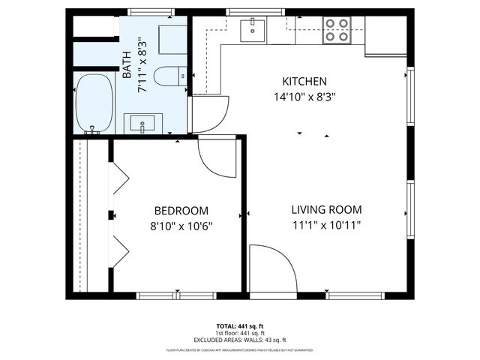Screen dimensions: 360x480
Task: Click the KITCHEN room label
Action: [x=304, y=81]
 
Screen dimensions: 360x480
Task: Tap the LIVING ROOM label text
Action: [x=326, y=210]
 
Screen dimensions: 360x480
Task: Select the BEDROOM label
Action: [x=181, y=211]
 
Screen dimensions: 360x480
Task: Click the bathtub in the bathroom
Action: [x=94, y=103]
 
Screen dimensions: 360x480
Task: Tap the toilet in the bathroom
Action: [x=168, y=75]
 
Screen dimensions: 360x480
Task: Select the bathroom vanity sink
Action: [x=142, y=123]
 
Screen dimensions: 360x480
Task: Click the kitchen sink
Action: [x=253, y=31]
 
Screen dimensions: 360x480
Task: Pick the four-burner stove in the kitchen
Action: [x=336, y=29]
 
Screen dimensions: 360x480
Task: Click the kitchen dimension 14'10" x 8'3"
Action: [x=304, y=96]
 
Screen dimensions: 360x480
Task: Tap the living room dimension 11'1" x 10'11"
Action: [x=326, y=225]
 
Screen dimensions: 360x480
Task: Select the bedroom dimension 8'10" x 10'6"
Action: [x=181, y=226]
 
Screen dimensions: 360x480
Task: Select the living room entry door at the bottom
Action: [x=268, y=266]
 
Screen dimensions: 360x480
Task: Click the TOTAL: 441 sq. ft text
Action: [x=240, y=326]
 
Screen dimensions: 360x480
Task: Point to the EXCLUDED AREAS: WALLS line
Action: [x=240, y=340]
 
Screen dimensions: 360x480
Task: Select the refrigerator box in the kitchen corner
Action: [x=385, y=38]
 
